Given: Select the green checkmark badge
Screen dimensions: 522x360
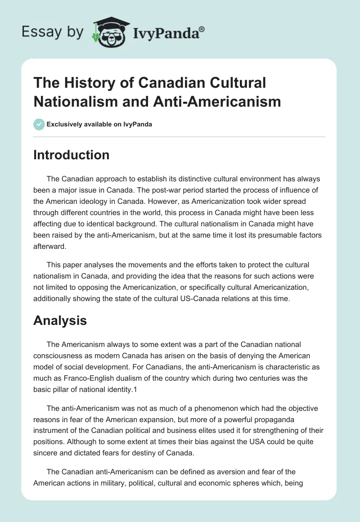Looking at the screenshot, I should point(39,124).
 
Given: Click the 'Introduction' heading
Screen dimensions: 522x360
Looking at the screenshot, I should point(72,155).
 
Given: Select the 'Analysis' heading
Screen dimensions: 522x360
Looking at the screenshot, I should point(60,320).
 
